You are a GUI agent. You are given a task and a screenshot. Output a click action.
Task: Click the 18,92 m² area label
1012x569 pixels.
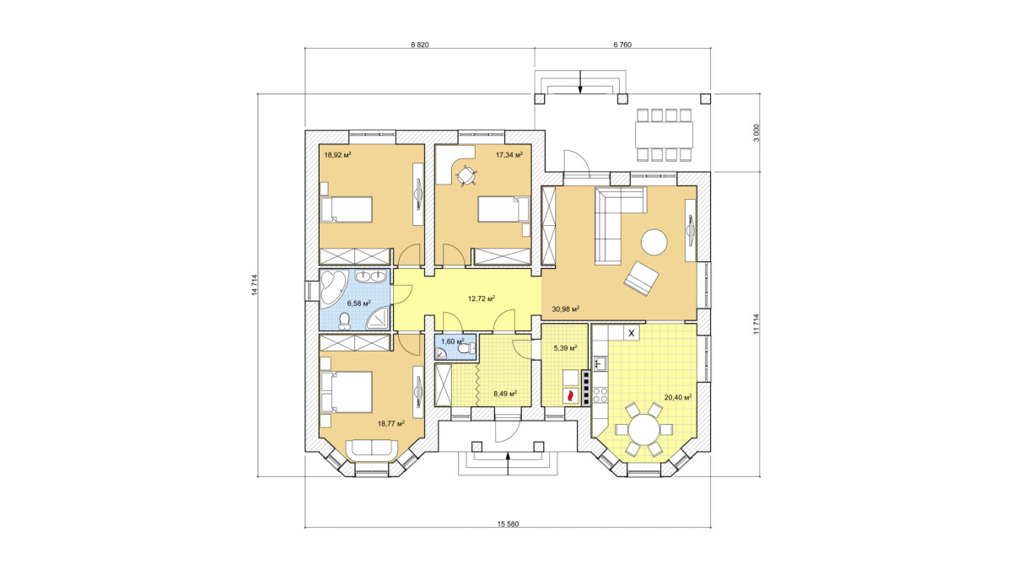(337, 155)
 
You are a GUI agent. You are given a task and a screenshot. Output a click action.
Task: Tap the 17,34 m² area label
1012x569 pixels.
(509, 154)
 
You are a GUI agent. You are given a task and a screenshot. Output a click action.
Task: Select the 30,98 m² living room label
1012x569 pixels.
(566, 309)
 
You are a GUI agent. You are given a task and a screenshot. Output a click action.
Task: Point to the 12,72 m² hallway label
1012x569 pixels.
(482, 298)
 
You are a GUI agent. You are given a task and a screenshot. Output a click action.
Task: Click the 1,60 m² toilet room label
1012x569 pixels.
(452, 341)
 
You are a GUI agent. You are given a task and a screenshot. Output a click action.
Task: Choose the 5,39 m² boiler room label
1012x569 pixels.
(565, 348)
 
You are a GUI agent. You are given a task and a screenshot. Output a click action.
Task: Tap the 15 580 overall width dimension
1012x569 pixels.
(509, 524)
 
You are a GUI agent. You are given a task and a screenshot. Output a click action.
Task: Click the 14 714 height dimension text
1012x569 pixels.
(255, 285)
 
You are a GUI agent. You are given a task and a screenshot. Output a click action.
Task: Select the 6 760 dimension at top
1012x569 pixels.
(622, 45)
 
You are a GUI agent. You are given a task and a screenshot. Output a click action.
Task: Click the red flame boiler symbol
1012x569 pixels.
(570, 396)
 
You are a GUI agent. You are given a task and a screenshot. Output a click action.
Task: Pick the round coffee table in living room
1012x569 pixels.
(654, 243)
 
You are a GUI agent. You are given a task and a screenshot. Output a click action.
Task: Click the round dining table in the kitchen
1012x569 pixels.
(645, 429)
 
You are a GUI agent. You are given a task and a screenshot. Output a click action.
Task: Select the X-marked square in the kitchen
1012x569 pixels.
(632, 334)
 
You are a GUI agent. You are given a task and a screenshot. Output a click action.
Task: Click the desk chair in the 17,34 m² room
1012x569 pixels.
(466, 175)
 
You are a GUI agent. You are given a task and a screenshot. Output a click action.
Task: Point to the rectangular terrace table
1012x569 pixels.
(664, 135)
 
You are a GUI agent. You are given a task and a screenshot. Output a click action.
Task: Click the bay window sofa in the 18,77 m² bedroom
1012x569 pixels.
(372, 450)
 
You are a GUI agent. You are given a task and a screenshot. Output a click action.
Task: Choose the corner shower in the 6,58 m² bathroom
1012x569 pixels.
(377, 318)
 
